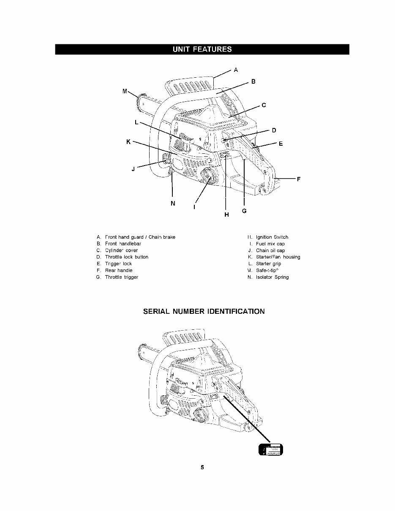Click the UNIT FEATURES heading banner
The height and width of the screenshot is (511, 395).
tap(202, 49)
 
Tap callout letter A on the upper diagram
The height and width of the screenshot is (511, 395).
tap(236, 69)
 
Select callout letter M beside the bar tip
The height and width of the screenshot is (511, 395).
tap(125, 91)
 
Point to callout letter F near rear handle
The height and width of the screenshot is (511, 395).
tap(298, 179)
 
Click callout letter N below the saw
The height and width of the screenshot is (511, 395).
tap(172, 204)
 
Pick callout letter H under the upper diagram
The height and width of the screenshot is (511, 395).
tap(226, 215)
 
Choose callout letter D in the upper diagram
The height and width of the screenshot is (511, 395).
tap(274, 130)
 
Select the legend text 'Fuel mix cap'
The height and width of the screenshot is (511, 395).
tap(270, 244)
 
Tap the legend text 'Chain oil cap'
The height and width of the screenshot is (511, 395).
tap(270, 250)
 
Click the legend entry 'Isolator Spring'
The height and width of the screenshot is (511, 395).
tap(272, 277)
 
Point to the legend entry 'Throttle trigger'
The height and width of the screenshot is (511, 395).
tap(121, 277)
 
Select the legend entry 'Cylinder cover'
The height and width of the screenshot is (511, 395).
tap(121, 250)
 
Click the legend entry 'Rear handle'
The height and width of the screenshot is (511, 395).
tap(118, 270)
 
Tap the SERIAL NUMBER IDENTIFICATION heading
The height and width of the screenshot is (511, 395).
tap(202, 312)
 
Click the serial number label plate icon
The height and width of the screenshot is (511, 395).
tap(270, 451)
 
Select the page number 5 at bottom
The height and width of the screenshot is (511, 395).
tap(202, 468)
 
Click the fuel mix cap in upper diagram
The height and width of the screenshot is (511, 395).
tap(208, 175)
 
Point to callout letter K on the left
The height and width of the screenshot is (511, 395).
tap(128, 142)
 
